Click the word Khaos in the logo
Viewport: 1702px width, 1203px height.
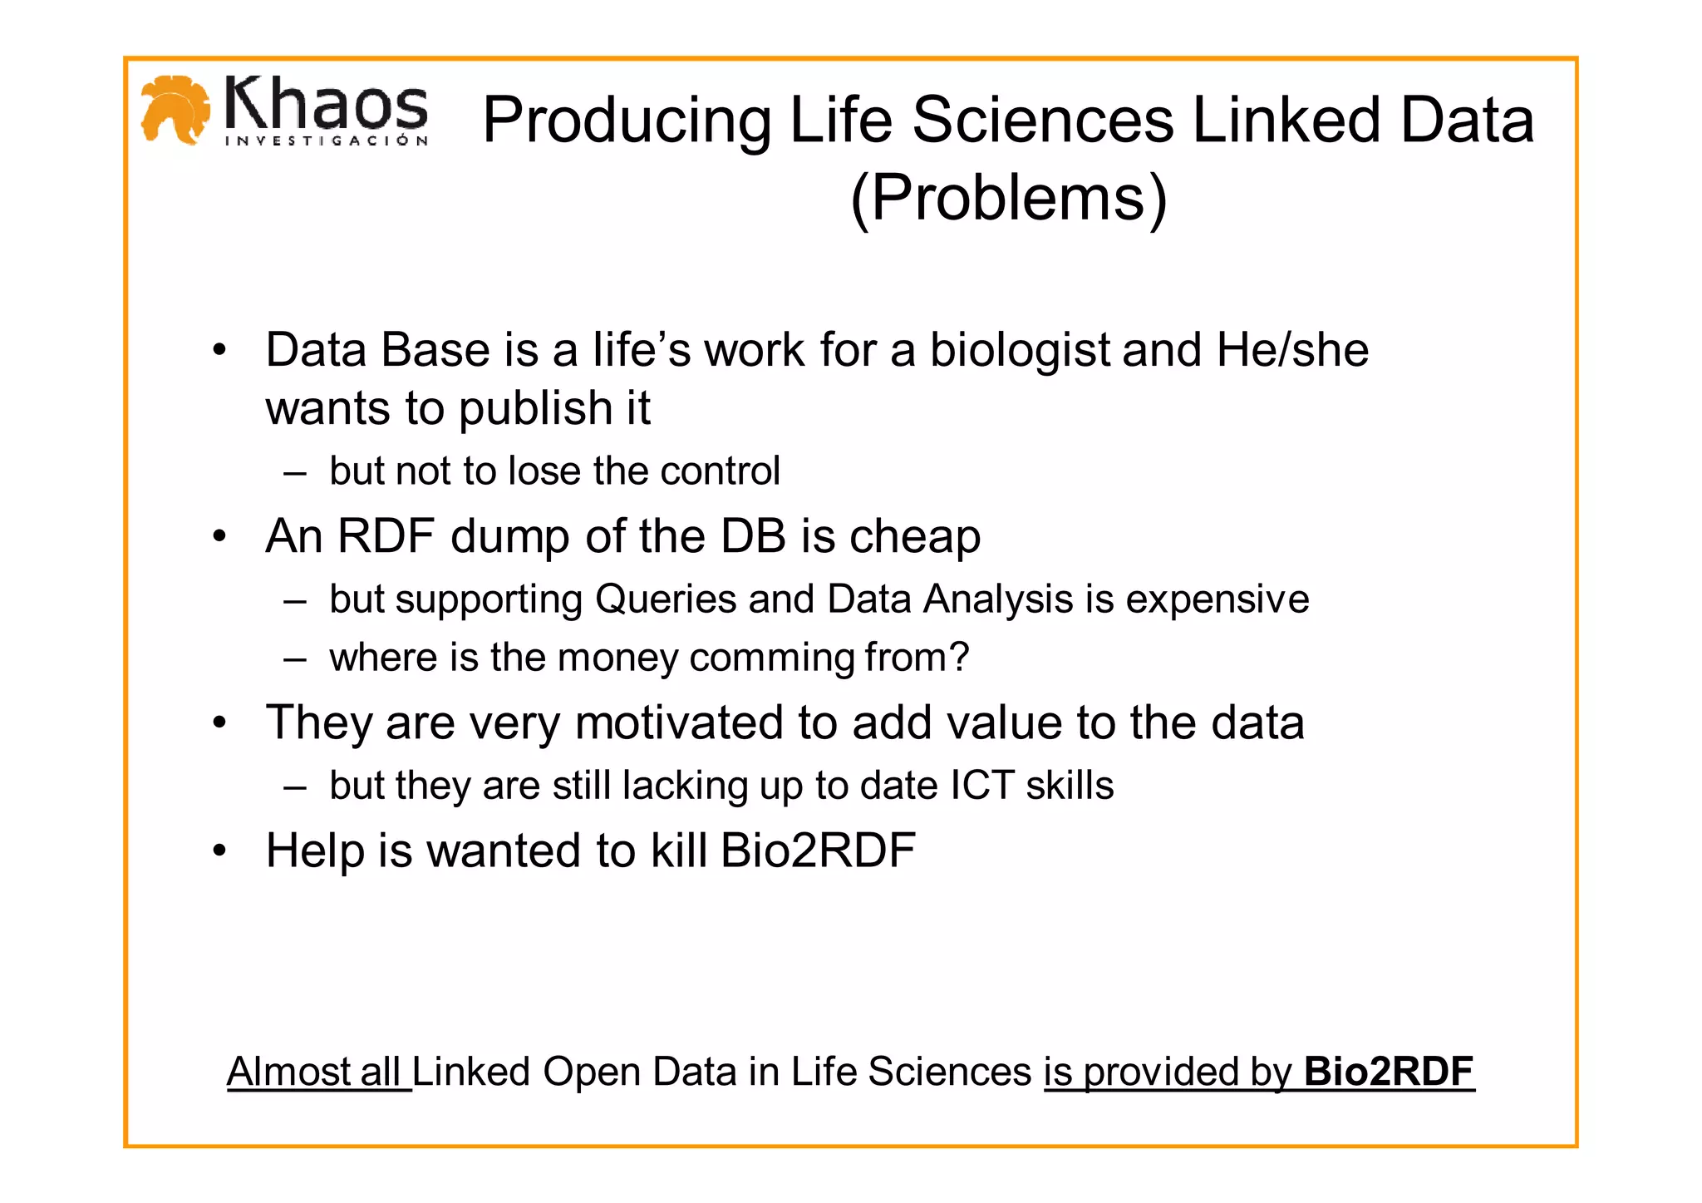[326, 104]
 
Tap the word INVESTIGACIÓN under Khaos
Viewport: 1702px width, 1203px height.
[327, 141]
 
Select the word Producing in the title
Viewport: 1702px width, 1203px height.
[627, 121]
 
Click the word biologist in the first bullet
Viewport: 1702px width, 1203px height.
[1020, 350]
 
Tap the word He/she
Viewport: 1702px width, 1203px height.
[1292, 350]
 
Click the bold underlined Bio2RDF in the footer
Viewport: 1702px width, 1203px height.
[1389, 1072]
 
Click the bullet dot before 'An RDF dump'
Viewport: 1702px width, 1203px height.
[219, 536]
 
